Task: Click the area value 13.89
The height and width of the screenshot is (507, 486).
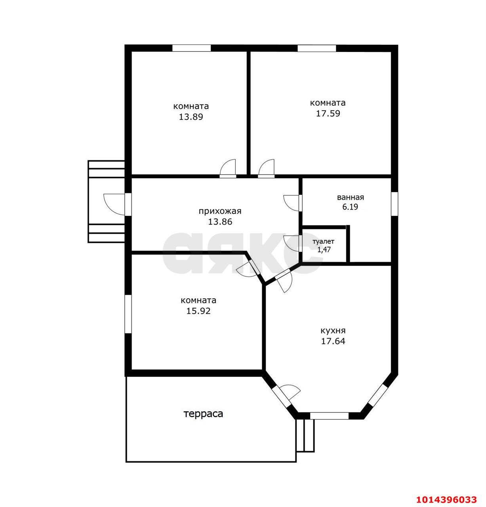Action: (x=191, y=117)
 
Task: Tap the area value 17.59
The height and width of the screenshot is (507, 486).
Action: (x=328, y=113)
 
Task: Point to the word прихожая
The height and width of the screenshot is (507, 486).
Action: (x=220, y=211)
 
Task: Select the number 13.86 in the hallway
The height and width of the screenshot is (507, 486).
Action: (x=220, y=222)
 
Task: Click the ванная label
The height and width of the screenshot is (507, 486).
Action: (x=350, y=197)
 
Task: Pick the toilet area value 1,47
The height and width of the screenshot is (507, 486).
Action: (x=324, y=250)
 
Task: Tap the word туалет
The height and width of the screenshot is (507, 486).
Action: (x=323, y=242)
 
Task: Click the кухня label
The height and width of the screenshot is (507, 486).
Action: (x=333, y=331)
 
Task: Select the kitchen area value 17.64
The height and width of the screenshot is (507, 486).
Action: (x=333, y=341)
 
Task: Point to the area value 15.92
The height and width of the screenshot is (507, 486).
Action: (x=198, y=311)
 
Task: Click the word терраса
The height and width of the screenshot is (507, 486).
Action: (x=203, y=414)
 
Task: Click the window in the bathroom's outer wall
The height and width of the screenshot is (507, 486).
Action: (x=395, y=204)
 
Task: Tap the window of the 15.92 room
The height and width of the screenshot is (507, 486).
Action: (x=128, y=314)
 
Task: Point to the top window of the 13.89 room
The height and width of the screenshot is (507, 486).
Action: (x=191, y=48)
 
